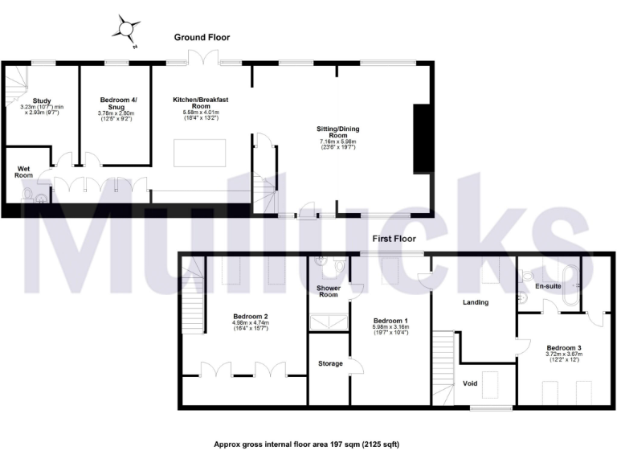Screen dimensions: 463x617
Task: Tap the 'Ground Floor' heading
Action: [x=202, y=37]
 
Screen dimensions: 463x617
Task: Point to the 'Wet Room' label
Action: [x=24, y=171]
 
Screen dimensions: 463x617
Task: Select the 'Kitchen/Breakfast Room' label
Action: [x=201, y=103]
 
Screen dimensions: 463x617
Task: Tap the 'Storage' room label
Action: [x=329, y=363]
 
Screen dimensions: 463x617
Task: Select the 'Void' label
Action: [x=471, y=383]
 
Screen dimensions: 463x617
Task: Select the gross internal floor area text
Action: [x=306, y=444]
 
